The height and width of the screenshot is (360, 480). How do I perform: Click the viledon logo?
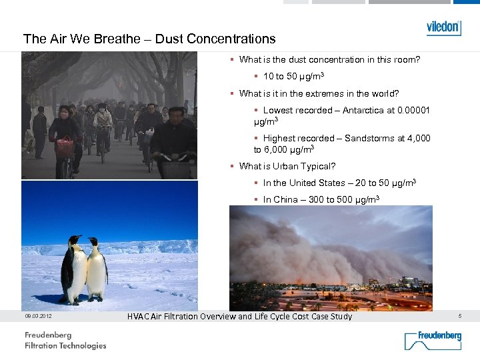click(443, 27)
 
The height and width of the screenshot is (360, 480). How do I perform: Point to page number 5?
click(461, 315)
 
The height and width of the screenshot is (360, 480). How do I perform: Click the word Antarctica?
click(363, 111)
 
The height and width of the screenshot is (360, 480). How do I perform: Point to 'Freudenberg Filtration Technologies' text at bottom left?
click(65, 341)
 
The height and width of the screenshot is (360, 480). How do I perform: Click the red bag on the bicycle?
click(65, 147)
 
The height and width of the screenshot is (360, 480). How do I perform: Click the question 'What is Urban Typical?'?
click(287, 167)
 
